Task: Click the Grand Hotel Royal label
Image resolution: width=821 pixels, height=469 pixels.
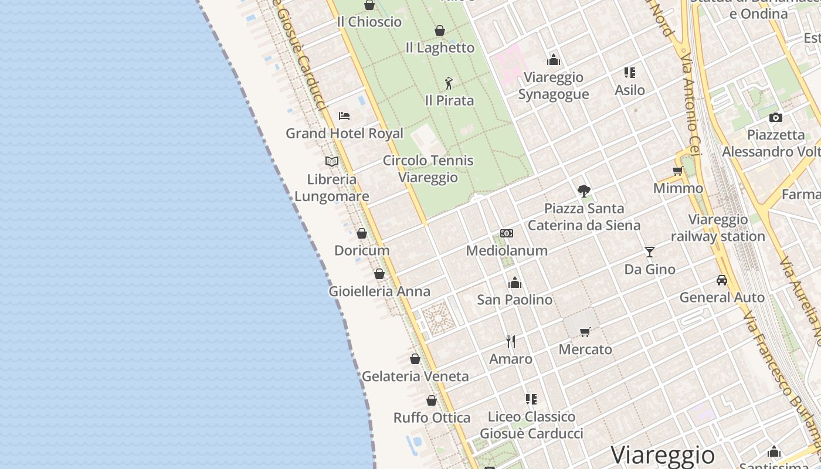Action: pyautogui.click(x=344, y=133)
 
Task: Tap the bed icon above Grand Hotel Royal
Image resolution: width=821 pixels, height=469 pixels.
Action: pyautogui.click(x=344, y=116)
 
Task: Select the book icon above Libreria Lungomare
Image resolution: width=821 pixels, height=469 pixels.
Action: pyautogui.click(x=332, y=161)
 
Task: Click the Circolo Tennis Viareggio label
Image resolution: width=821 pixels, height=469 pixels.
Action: pyautogui.click(x=428, y=169)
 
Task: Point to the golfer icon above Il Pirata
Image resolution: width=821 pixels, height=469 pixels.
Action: pyautogui.click(x=449, y=83)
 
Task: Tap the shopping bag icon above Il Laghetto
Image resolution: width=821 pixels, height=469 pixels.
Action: pyautogui.click(x=440, y=30)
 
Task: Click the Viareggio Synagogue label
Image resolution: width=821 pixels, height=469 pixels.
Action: pyautogui.click(x=554, y=86)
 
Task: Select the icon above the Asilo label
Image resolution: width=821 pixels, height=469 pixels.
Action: pyautogui.click(x=630, y=73)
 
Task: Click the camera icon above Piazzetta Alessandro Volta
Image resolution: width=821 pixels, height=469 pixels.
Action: pyautogui.click(x=776, y=117)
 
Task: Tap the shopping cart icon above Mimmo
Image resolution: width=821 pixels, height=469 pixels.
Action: pyautogui.click(x=678, y=171)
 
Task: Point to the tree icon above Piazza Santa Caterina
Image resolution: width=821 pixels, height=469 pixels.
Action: pyautogui.click(x=583, y=191)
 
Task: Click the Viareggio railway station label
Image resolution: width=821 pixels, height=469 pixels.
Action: pyautogui.click(x=718, y=228)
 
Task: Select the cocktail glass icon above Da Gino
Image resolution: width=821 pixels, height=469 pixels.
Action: pyautogui.click(x=650, y=252)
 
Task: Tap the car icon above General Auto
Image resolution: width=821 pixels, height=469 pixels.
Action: pyautogui.click(x=722, y=280)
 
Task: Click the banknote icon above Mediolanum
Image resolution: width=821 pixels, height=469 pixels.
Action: pyautogui.click(x=507, y=233)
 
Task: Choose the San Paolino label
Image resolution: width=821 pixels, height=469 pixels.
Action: pyautogui.click(x=514, y=300)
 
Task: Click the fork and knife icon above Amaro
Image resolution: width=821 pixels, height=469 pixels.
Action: pyautogui.click(x=511, y=341)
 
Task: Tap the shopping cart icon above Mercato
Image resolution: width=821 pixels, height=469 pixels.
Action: pyautogui.click(x=585, y=332)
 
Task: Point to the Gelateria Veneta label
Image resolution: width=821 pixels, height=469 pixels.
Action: pyautogui.click(x=415, y=376)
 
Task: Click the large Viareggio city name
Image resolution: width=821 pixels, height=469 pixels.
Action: pyautogui.click(x=663, y=455)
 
